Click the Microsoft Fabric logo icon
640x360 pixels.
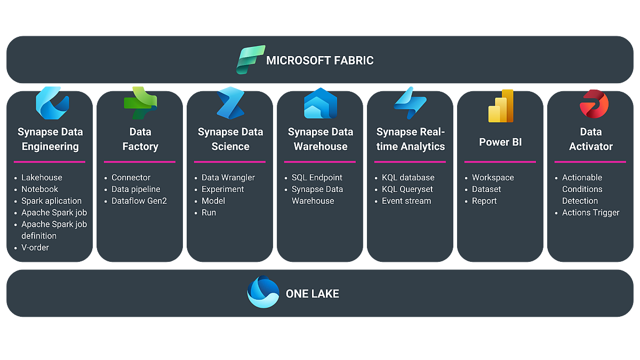251,60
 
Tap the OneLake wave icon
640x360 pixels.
263,292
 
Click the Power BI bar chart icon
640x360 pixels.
501,106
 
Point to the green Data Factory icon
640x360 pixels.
140,103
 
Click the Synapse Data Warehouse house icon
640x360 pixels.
320,103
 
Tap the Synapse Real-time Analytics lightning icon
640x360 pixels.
410,103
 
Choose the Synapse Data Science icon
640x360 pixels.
230,103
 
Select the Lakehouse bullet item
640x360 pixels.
42,178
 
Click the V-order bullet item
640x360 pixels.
35,247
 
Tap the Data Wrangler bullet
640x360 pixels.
228,178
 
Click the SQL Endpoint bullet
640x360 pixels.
317,178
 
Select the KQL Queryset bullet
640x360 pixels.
407,189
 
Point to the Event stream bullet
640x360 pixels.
406,201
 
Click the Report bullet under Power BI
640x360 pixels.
484,201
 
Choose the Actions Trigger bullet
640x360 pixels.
590,213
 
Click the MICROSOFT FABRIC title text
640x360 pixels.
320,60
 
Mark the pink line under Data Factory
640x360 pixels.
140,162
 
